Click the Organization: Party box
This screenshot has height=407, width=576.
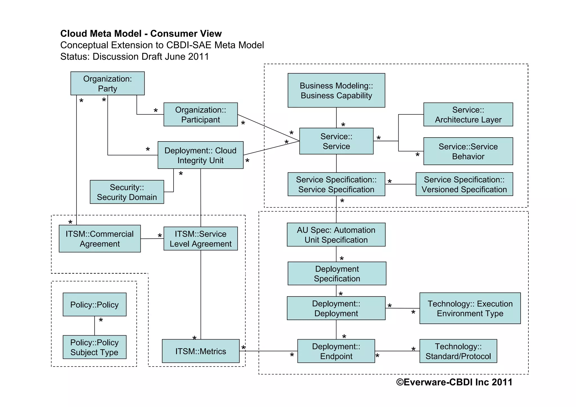[x=107, y=83]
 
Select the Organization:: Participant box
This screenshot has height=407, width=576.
[x=201, y=114]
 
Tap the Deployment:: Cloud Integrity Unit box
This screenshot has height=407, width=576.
[x=201, y=155]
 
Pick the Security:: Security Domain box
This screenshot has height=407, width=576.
[x=127, y=192]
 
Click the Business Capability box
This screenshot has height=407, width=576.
[x=336, y=90]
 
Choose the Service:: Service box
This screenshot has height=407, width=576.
[x=336, y=141]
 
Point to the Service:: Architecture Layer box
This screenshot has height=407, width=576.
[x=468, y=114]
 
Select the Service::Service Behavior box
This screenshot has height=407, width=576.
[x=468, y=151]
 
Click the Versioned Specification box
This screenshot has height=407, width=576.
[x=464, y=184]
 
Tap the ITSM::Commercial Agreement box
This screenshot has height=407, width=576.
[x=100, y=239]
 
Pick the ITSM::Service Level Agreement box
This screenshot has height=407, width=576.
[x=201, y=239]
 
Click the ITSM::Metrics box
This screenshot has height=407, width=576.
[x=201, y=351]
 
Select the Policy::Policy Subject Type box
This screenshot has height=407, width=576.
[x=94, y=347]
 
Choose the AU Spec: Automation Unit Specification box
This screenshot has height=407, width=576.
[x=336, y=235]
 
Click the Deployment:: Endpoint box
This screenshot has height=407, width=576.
[x=336, y=351]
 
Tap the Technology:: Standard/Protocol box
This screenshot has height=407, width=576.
[x=458, y=351]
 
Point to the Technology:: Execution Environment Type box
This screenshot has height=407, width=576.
[x=470, y=308]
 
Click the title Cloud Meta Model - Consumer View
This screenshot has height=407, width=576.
[x=141, y=33]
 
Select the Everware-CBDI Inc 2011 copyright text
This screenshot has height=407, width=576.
[x=454, y=382]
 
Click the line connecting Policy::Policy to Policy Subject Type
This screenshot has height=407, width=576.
[x=94, y=326]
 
